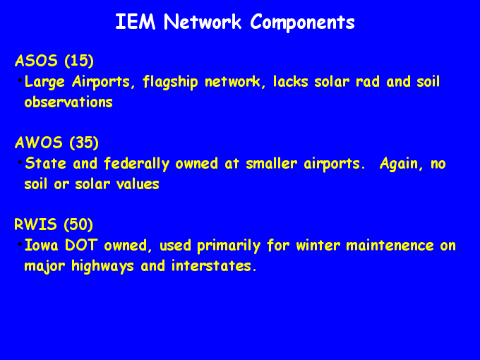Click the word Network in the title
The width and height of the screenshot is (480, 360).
(203, 22)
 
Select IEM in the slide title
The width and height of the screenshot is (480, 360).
(136, 22)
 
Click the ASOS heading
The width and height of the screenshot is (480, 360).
(36, 61)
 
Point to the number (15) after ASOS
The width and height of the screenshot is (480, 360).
(79, 61)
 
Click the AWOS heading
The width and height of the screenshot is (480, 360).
(39, 143)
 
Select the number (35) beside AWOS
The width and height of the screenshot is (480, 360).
(84, 143)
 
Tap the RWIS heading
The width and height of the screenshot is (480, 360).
(35, 224)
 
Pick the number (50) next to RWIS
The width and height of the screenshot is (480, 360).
(78, 224)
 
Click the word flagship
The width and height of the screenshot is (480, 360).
(170, 83)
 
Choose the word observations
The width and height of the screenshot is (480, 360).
(68, 102)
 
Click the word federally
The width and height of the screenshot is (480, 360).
(136, 164)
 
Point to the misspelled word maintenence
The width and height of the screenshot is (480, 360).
(390, 245)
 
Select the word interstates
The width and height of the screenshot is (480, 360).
(214, 265)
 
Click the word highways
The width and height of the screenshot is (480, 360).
(102, 266)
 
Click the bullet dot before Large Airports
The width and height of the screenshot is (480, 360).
(20, 80)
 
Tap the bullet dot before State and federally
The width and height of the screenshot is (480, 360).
(20, 162)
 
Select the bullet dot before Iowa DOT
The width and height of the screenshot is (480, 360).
(20, 244)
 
